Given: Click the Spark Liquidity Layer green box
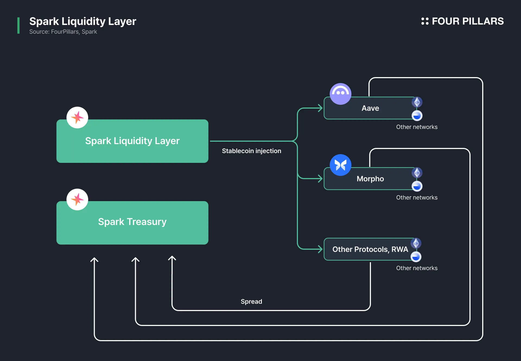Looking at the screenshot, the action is (132, 141).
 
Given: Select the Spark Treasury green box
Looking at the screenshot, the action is (132, 223).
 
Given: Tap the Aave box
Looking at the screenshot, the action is (370, 108).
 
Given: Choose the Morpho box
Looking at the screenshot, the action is (370, 179).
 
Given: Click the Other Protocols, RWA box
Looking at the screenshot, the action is (370, 249).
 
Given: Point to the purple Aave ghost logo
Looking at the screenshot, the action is (341, 94).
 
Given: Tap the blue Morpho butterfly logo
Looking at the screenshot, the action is (341, 165).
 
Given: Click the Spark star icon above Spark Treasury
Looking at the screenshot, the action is (77, 199).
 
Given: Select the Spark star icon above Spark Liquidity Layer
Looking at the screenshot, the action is (77, 118).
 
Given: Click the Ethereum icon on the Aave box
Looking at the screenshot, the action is (417, 102).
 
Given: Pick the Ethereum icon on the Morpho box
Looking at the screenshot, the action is (417, 173).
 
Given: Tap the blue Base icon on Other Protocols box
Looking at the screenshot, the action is (416, 257).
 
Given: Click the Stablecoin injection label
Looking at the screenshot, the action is (252, 151).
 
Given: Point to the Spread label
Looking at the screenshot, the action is (252, 302).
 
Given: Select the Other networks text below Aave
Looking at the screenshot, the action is (417, 127).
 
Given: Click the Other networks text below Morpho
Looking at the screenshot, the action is (417, 198).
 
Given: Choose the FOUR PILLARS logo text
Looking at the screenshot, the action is (468, 21).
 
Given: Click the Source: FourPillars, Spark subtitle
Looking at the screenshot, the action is (63, 32).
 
